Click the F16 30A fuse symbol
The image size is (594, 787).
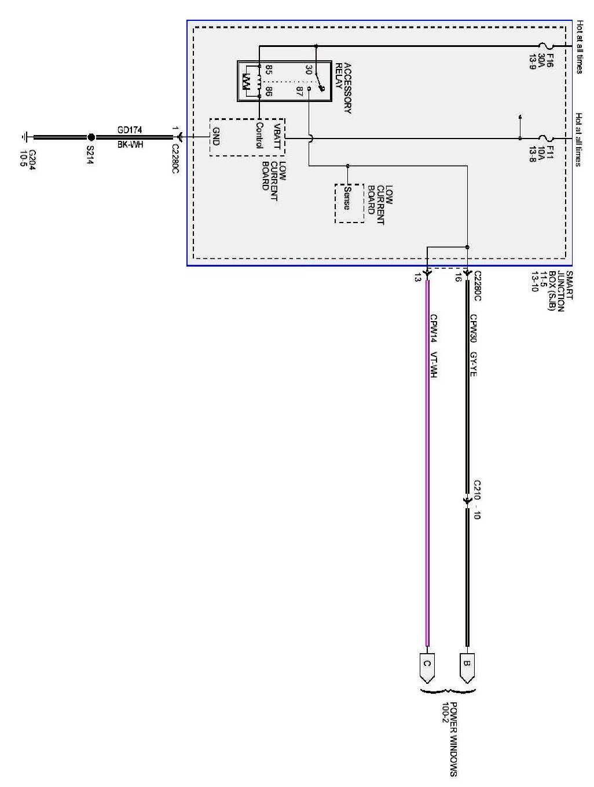click(546, 46)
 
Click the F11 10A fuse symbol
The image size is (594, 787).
click(546, 138)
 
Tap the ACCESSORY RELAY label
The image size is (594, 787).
click(343, 88)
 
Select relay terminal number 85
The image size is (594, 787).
click(269, 70)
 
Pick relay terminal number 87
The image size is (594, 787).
click(299, 92)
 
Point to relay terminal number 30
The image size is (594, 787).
click(308, 70)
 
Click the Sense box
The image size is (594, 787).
click(349, 203)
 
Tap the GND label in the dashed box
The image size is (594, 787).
click(217, 137)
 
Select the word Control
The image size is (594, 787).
click(259, 136)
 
